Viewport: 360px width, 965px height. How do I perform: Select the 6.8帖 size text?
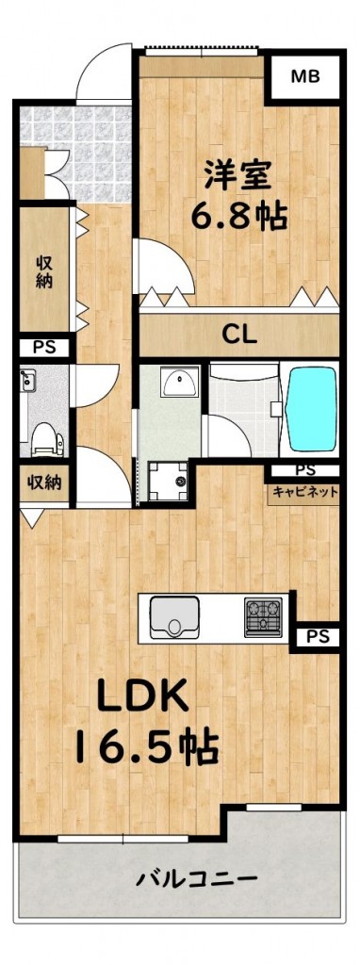(x=238, y=216)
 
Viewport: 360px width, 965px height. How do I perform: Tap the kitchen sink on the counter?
(x=174, y=617)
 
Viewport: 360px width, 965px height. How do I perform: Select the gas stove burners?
(x=263, y=616)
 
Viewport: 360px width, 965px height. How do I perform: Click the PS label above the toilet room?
(x=43, y=348)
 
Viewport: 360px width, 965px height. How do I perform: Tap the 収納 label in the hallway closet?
(x=43, y=271)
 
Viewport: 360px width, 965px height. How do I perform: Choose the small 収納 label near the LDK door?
(x=43, y=482)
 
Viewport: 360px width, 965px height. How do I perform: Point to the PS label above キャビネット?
(x=305, y=471)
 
